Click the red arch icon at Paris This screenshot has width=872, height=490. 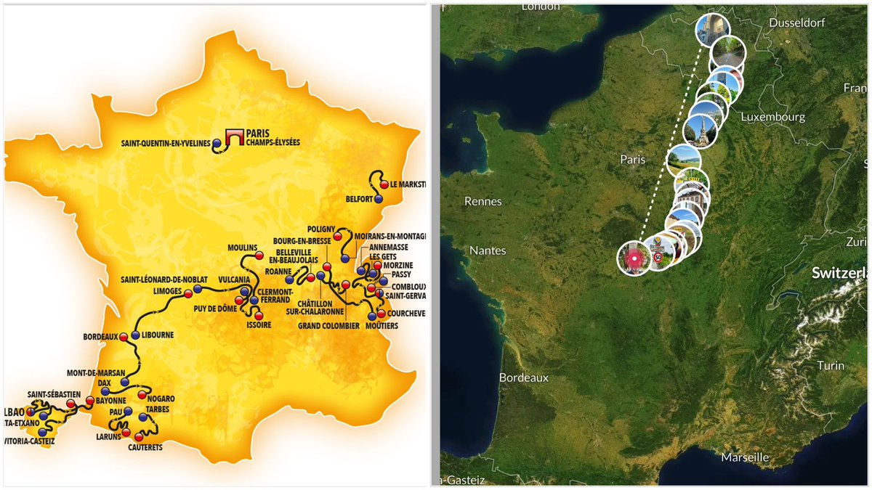tap(233, 136)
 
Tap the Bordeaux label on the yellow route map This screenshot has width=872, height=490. tap(101, 336)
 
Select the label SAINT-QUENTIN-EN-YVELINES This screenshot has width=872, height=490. tap(165, 144)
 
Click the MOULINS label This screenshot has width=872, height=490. tap(243, 247)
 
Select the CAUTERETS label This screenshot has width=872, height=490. tap(145, 448)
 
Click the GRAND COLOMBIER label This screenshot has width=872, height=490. tap(328, 326)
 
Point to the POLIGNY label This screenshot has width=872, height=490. tap(321, 229)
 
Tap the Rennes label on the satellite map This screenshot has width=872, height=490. tap(483, 201)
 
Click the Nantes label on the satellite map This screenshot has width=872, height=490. tap(488, 250)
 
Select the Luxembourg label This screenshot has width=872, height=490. tap(773, 116)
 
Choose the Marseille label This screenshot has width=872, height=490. tap(745, 457)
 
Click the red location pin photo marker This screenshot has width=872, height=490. tap(634, 258)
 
